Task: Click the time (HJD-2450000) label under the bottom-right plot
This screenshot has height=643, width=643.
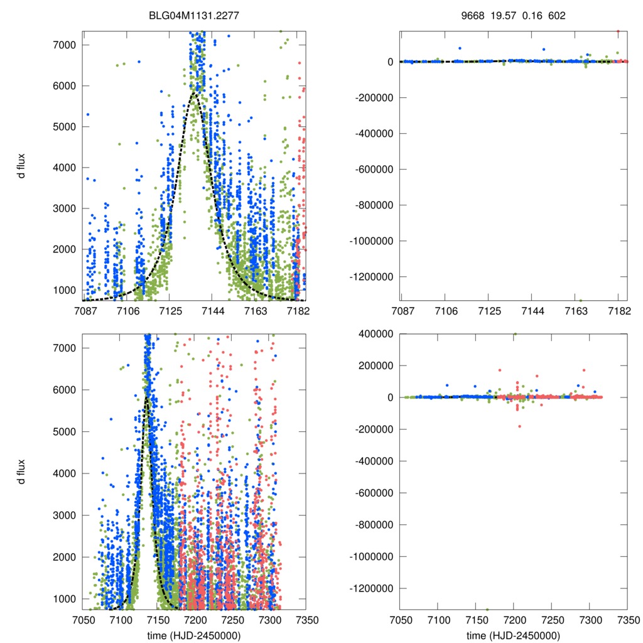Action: pos(514,635)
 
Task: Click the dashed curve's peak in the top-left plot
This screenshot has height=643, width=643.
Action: pos(194,95)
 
